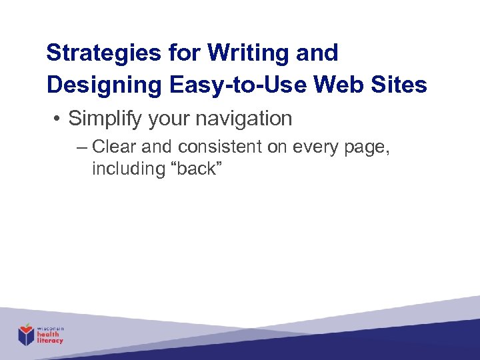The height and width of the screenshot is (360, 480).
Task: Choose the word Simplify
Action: (x=106, y=119)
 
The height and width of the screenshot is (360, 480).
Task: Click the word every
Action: (x=315, y=147)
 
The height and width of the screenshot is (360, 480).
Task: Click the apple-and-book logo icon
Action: (x=26, y=334)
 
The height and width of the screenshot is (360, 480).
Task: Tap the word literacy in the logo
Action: (x=51, y=341)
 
